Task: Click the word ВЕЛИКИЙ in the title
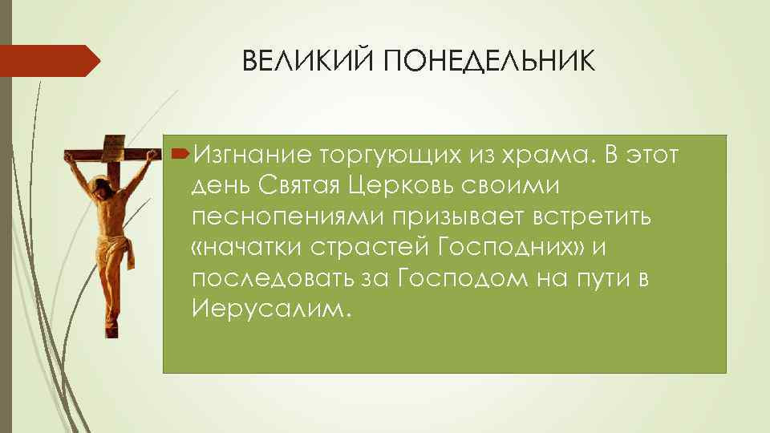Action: point(307,60)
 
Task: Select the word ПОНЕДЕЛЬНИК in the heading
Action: point(489,62)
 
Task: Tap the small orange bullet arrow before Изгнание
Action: point(180,155)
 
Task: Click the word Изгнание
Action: point(253,155)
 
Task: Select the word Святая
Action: point(299,185)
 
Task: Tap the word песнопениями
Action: point(288,216)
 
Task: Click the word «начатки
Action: point(246,248)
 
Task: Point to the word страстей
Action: point(370,248)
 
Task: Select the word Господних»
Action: point(511,247)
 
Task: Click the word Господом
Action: point(463,278)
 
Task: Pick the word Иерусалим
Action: point(272,309)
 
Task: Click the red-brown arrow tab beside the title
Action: point(50,60)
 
